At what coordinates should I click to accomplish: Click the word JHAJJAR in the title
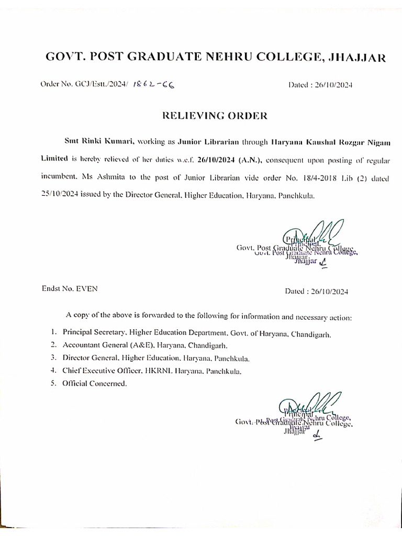tap(358, 58)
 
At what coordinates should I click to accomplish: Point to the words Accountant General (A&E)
tap(106, 345)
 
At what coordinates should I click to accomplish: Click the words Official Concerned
tap(94, 384)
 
